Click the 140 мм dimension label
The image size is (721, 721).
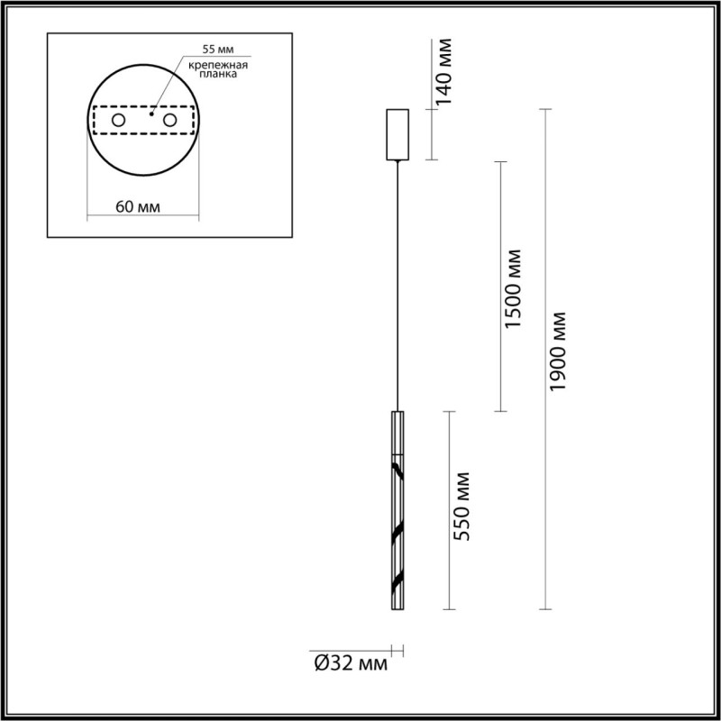click(444, 72)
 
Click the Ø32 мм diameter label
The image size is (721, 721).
click(351, 665)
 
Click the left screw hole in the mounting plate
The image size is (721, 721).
click(118, 120)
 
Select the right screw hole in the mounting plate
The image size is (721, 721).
click(169, 120)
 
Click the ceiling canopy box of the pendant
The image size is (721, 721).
click(397, 134)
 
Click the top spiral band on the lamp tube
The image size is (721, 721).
click(397, 466)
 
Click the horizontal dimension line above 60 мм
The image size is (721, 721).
click(144, 216)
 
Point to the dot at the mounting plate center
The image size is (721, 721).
click(152, 115)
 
